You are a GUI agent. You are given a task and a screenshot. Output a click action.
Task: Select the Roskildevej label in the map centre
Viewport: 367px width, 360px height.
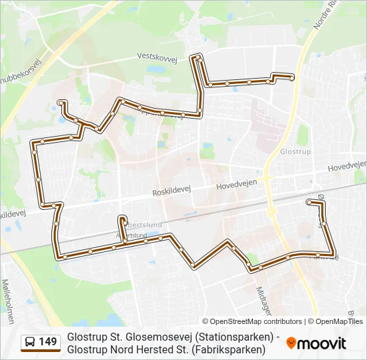click(x=171, y=190)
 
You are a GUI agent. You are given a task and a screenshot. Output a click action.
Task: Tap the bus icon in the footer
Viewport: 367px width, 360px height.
click(x=30, y=343)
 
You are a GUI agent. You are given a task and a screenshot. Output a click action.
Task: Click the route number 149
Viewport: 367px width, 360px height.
click(x=48, y=343)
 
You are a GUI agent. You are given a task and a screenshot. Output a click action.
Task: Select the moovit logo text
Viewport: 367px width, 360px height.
click(x=322, y=344)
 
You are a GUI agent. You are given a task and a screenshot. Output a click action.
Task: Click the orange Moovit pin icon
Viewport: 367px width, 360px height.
click(x=291, y=343)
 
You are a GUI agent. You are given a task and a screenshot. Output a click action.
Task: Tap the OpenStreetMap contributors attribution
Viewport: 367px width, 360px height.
click(x=252, y=321)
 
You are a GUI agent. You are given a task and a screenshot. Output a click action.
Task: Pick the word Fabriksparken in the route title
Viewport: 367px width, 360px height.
click(x=230, y=349)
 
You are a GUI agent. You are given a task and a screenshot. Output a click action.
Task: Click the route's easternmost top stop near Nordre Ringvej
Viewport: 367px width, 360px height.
click(x=292, y=78)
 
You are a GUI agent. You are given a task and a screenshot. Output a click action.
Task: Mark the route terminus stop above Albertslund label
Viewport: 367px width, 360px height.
click(x=121, y=219)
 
